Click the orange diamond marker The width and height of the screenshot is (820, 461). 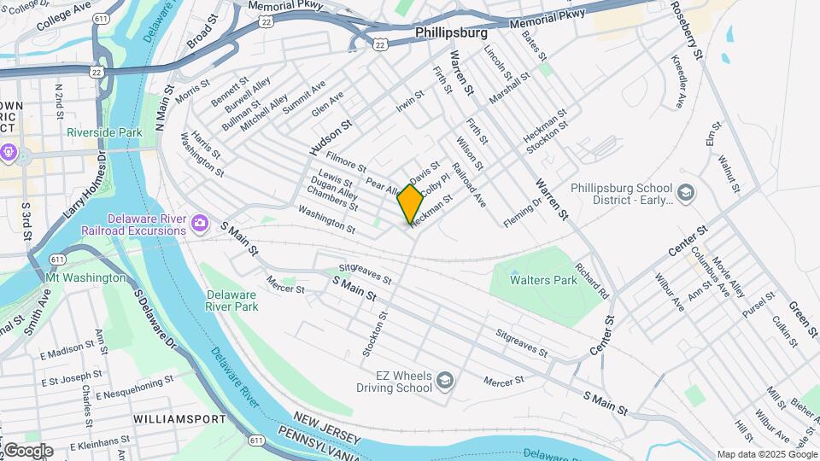411,204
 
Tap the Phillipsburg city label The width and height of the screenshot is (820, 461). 451,32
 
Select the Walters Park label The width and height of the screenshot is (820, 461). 543,279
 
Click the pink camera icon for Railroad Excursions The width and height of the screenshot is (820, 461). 199,224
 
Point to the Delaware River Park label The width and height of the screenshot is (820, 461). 231,301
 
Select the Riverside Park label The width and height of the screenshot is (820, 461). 104,133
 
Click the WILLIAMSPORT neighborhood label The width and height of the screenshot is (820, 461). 179,419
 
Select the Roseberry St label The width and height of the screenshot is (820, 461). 686,29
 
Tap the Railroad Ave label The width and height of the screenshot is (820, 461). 469,185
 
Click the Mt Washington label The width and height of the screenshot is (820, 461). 85,278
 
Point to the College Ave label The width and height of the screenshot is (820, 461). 63,15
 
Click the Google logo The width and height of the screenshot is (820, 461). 27,451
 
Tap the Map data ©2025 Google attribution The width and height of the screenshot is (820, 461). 766,454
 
